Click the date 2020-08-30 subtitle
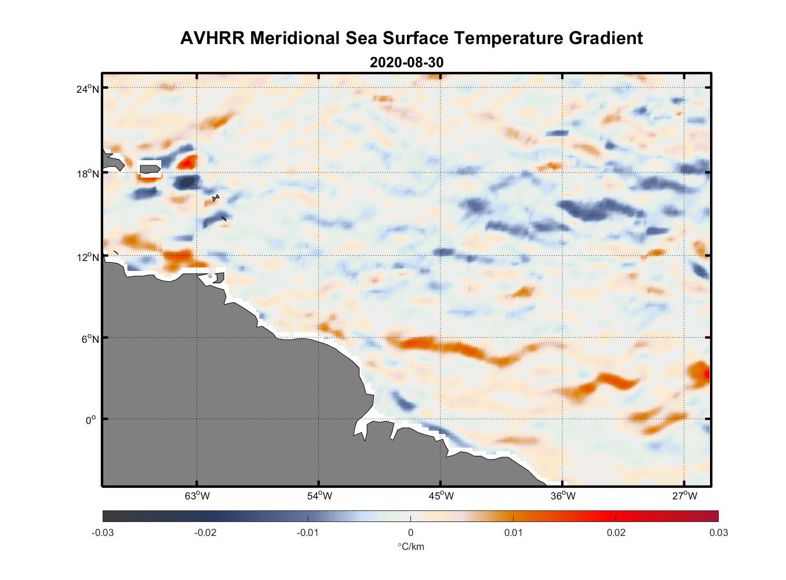pyautogui.click(x=406, y=62)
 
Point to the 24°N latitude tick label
pyautogui.click(x=88, y=89)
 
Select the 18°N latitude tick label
pyautogui.click(x=88, y=173)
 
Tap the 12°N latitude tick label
pyautogui.click(x=88, y=257)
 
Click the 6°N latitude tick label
pyautogui.click(x=90, y=339)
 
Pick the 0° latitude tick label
pyautogui.click(x=91, y=420)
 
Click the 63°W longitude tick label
pyautogui.click(x=197, y=496)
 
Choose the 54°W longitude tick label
pyautogui.click(x=319, y=496)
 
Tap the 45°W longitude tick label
pyautogui.click(x=441, y=496)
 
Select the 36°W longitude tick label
pyautogui.click(x=563, y=496)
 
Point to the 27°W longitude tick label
pyautogui.click(x=685, y=496)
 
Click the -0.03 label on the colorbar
pyautogui.click(x=103, y=532)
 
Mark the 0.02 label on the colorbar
pyautogui.click(x=616, y=532)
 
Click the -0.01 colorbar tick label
pyautogui.click(x=308, y=532)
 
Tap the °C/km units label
pyautogui.click(x=410, y=546)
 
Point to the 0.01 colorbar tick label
pyautogui.click(x=513, y=532)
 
